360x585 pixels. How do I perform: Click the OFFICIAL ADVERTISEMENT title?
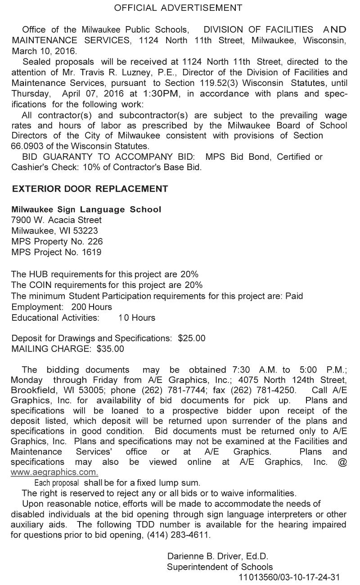click(178, 8)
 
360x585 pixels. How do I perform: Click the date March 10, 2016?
click(45, 51)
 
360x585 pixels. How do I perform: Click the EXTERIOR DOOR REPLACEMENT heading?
click(90, 189)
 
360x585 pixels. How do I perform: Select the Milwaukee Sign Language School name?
click(86, 210)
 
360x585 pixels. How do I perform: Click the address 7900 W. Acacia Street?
click(57, 220)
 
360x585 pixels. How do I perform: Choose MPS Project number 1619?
click(92, 252)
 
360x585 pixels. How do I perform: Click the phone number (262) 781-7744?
click(166, 389)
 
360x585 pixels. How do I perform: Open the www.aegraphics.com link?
click(54, 472)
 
